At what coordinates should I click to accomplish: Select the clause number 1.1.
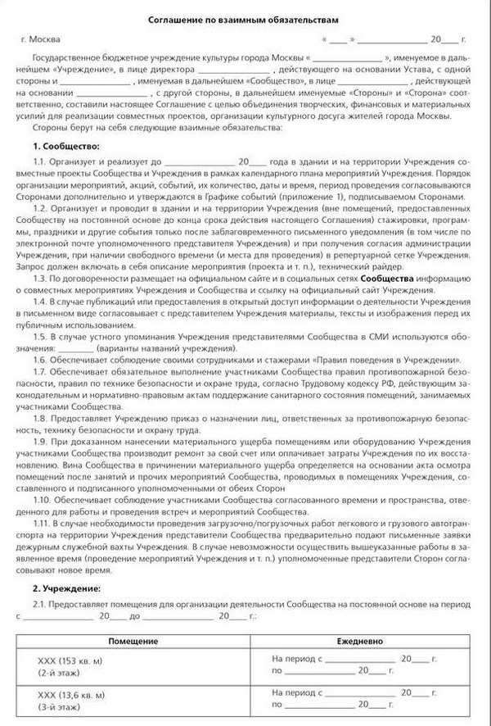click(x=40, y=161)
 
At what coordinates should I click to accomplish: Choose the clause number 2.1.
click(x=40, y=603)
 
